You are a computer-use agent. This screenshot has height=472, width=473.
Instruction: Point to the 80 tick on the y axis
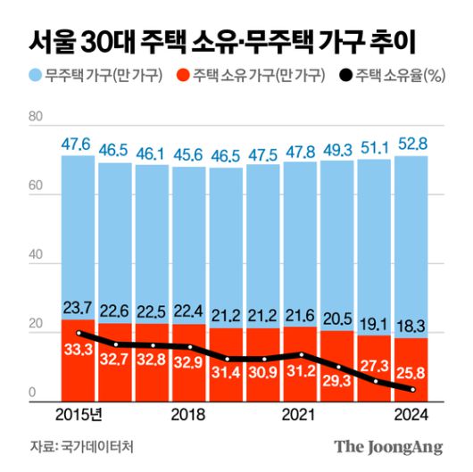pos(36,117)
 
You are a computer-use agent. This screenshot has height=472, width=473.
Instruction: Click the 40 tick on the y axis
pos(36,256)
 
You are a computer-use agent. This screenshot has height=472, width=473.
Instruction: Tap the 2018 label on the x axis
pos(188,415)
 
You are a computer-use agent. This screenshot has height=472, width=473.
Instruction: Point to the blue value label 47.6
pos(78,143)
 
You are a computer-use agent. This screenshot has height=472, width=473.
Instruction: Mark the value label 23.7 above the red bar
pos(78,308)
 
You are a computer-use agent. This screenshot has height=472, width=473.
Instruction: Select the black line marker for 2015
pos(79,333)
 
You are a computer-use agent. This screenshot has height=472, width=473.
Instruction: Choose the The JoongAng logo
pos(389,446)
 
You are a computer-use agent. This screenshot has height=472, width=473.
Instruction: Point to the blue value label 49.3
pos(338,149)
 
